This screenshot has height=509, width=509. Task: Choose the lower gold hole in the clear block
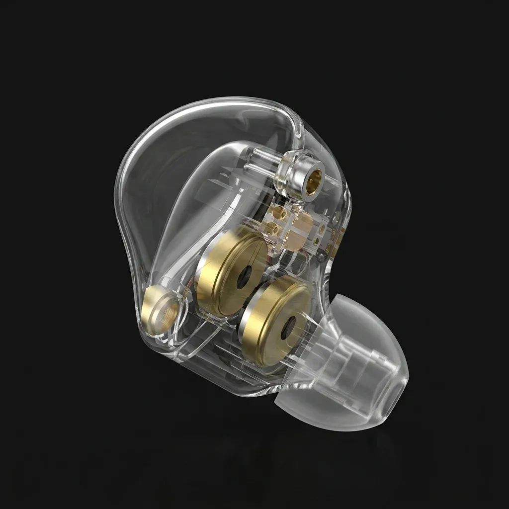(x=272, y=229)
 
